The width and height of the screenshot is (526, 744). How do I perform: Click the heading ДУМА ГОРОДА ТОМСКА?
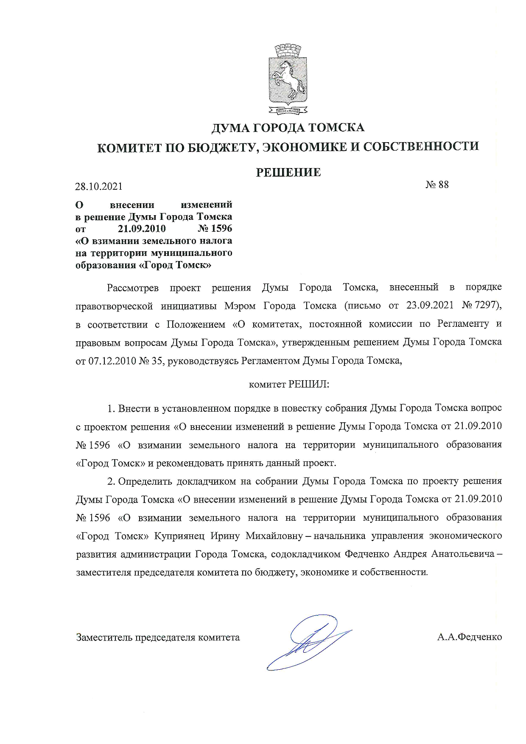[288, 128]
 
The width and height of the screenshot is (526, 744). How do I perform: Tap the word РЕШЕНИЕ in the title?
[288, 172]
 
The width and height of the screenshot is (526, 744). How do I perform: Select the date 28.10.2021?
[99, 186]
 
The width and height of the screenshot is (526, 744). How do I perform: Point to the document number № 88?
[437, 185]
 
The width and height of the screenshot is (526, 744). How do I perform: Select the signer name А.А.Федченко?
[470, 637]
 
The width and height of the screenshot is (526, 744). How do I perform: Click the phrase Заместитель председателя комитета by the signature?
[158, 637]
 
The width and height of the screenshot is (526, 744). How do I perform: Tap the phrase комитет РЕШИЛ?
[289, 385]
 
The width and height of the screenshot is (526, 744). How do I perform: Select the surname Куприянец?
[179, 536]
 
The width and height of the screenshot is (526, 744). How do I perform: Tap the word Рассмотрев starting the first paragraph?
[133, 288]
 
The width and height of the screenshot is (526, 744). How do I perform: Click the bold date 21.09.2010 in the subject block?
[142, 229]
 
